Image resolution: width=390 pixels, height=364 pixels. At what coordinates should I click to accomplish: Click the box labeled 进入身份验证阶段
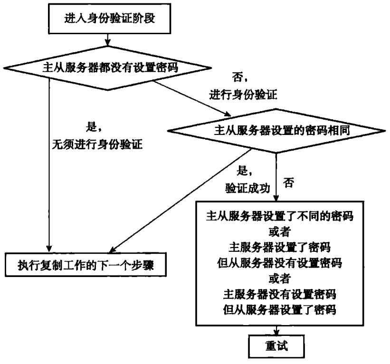pos(109,19)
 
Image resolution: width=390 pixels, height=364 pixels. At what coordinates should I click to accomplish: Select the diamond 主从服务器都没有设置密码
pos(109,67)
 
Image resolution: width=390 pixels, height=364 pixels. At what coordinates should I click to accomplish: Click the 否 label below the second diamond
pos(287,182)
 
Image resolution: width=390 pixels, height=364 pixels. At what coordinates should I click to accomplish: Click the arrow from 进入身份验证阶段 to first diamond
pos(109,38)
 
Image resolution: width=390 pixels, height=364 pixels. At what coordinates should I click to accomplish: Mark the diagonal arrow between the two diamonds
pos(190,97)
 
